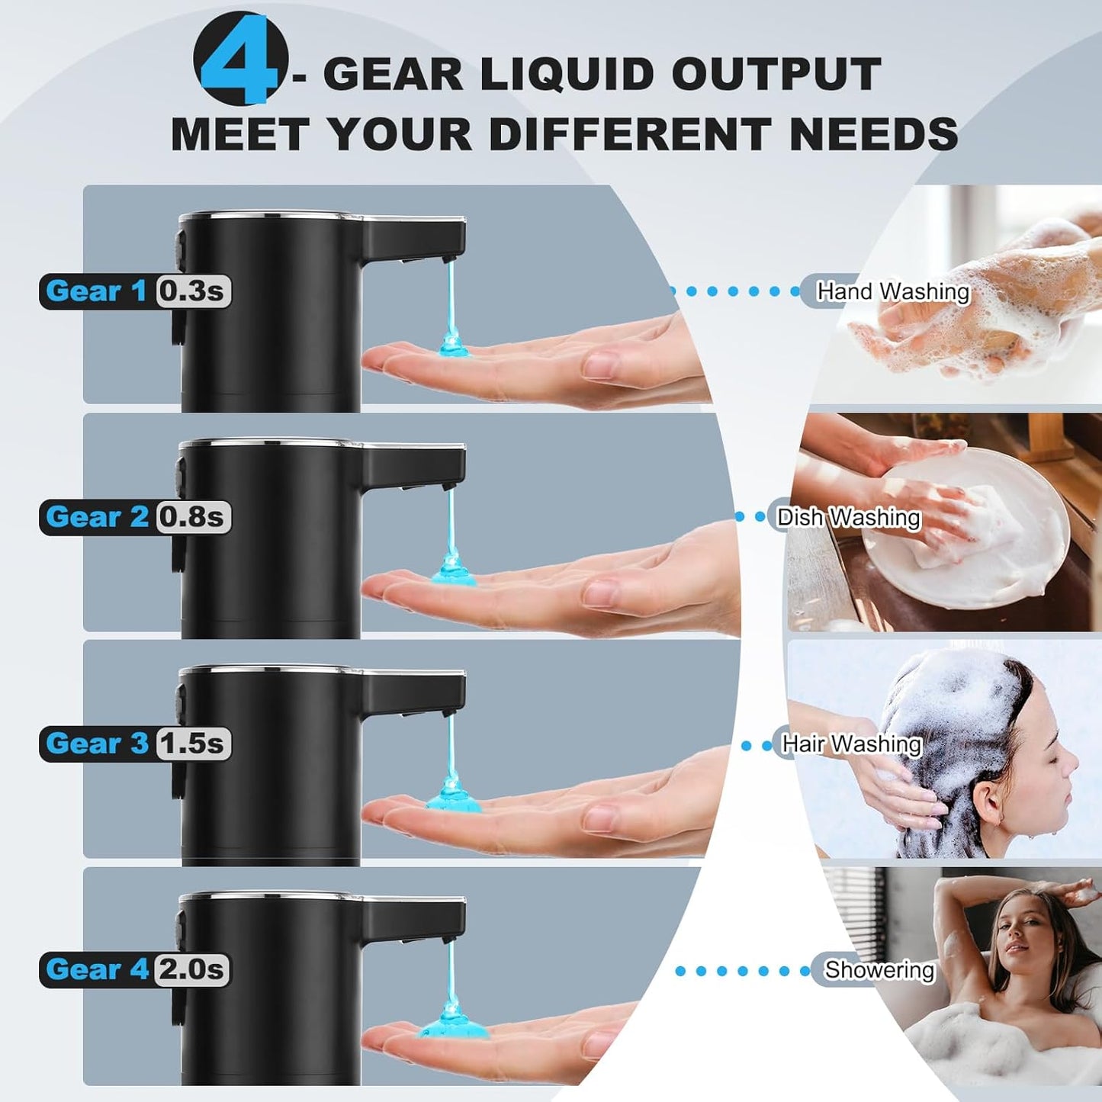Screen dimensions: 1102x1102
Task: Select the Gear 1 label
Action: (x=96, y=291)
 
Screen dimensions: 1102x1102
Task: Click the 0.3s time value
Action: (x=192, y=291)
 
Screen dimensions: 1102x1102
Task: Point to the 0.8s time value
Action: (x=192, y=517)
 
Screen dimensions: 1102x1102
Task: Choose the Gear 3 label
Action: (x=97, y=744)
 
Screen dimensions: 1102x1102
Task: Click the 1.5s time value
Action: (x=192, y=744)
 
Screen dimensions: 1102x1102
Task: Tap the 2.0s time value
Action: (x=192, y=969)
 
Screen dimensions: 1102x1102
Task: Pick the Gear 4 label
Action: (x=97, y=969)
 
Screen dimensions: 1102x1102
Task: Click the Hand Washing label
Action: (x=892, y=291)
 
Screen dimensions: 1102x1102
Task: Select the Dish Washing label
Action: (x=848, y=517)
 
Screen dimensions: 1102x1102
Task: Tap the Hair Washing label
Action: (x=852, y=744)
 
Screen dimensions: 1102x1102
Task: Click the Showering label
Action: (x=879, y=969)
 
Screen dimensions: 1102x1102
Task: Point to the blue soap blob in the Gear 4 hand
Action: (x=453, y=1026)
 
